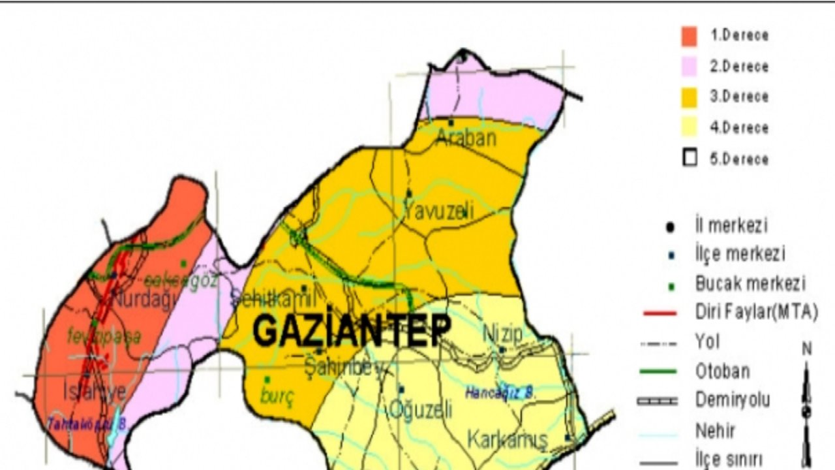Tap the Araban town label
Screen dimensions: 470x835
[466, 138]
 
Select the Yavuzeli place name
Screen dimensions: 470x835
[438, 211]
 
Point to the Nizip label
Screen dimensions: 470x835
[502, 334]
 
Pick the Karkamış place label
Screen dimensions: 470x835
[507, 440]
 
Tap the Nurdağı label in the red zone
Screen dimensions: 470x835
[145, 300]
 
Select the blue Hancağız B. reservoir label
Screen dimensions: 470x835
[500, 394]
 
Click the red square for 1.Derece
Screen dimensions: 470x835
[689, 37]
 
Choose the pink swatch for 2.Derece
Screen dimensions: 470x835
[689, 67]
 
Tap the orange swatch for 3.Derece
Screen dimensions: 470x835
[689, 97]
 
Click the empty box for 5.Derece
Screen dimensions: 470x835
[689, 159]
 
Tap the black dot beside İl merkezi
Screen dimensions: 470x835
[670, 227]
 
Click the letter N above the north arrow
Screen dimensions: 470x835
[807, 349]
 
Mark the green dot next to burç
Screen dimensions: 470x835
[267, 379]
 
